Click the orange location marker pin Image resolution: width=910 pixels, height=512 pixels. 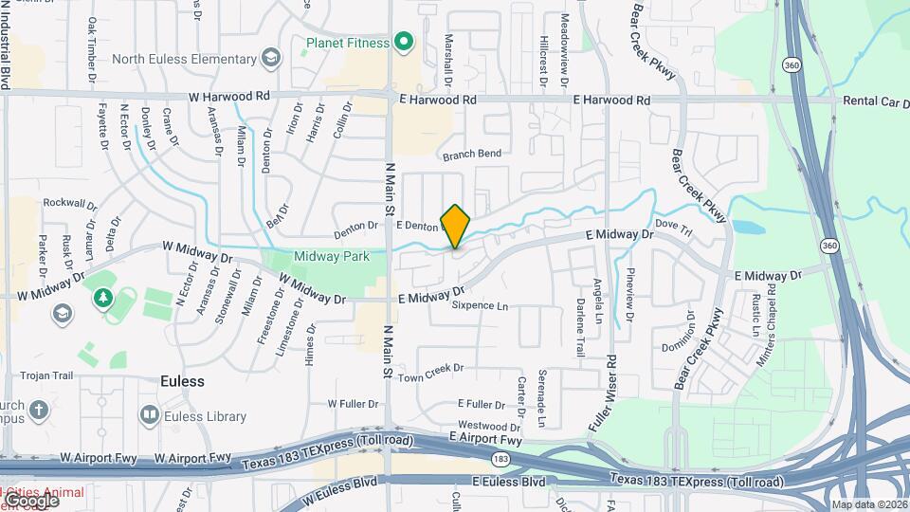click(456, 227)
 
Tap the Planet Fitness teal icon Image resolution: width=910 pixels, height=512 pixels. click(404, 42)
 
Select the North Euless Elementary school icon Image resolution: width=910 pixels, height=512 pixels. click(270, 59)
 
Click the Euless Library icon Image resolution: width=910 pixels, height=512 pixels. click(149, 415)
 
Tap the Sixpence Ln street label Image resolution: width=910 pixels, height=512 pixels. click(480, 306)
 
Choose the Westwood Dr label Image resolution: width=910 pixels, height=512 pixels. click(489, 426)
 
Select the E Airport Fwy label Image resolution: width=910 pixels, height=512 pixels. click(485, 439)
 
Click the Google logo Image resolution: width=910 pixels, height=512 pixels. click(30, 499)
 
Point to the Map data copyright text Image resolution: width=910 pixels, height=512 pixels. click(867, 504)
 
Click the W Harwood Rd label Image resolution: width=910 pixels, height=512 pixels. click(229, 97)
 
